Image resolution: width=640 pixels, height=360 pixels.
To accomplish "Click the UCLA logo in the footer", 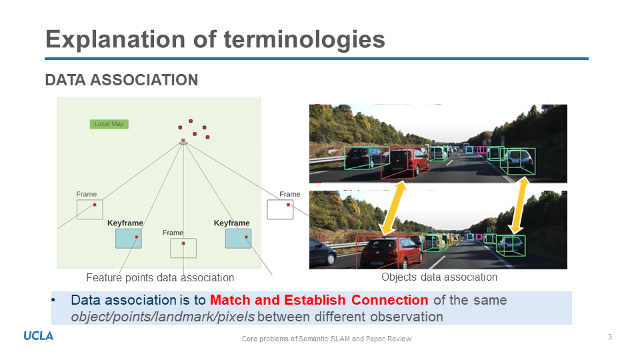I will (39, 336).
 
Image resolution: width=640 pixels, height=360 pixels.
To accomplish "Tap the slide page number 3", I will (609, 337).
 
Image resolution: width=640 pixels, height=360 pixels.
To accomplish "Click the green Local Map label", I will (109, 124).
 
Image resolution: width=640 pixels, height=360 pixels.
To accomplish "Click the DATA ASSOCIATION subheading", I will (121, 80).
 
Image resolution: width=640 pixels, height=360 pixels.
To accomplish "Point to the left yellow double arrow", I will (393, 209).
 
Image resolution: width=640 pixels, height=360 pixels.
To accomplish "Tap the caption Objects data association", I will (439, 277).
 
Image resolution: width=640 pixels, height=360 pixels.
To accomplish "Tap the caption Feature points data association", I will (160, 277).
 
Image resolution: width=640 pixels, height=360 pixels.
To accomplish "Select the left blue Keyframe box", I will (129, 238).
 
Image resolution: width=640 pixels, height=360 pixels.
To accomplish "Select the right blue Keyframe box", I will (238, 238).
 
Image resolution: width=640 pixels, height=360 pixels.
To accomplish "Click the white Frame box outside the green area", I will (280, 209).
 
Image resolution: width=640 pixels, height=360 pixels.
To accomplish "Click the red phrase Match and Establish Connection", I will (319, 300).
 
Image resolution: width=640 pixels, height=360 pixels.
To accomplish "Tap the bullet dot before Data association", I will (54, 300).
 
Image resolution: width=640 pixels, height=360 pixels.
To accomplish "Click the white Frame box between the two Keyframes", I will (183, 248).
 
